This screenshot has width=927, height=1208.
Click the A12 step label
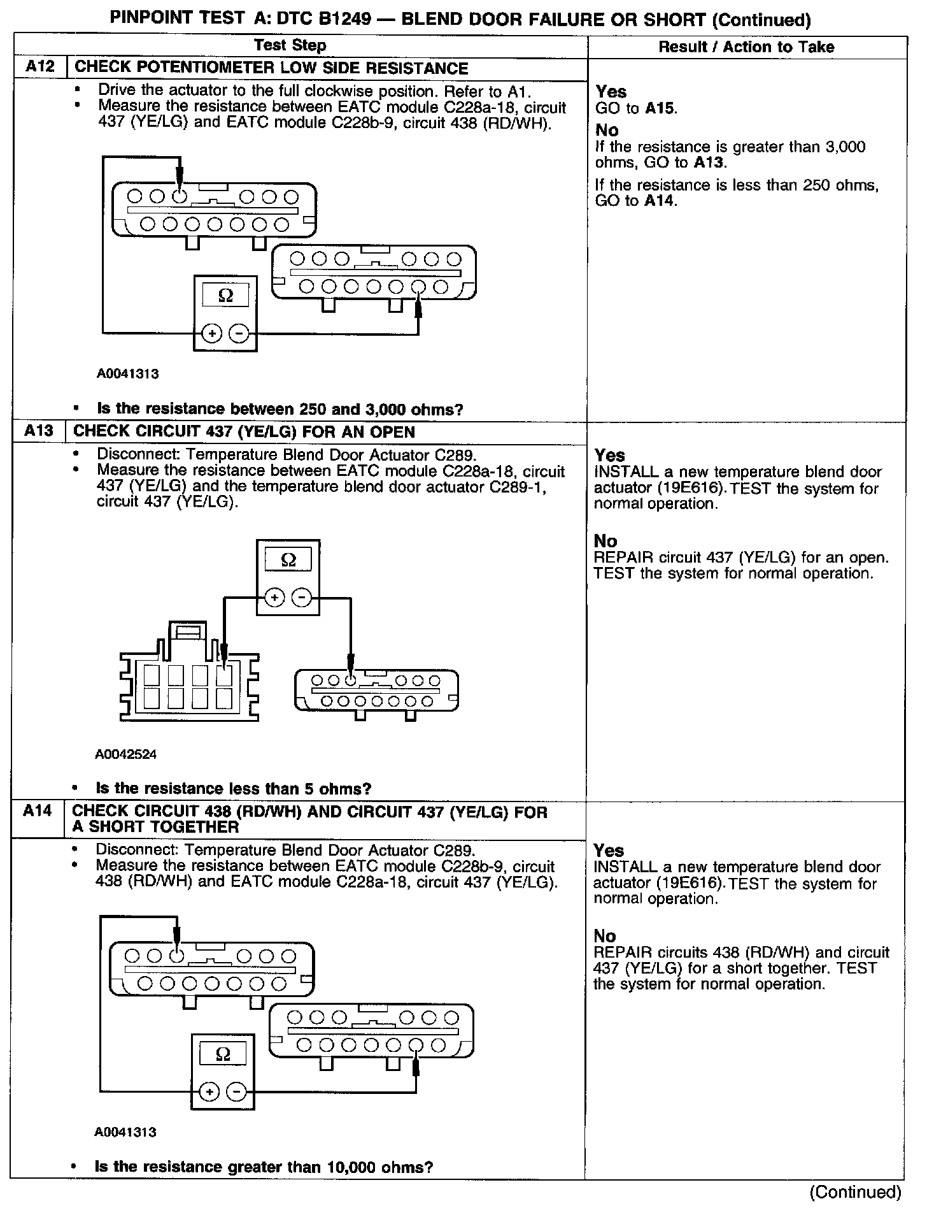point(40,68)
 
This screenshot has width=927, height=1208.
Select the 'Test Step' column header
point(290,45)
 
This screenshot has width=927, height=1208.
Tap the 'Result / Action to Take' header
point(746,47)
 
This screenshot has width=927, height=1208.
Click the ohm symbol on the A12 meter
point(225,296)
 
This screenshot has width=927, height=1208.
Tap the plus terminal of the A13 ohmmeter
point(274,598)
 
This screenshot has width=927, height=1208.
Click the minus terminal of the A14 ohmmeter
point(236,1091)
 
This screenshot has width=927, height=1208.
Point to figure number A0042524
point(126,754)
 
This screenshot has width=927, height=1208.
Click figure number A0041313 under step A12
point(128,374)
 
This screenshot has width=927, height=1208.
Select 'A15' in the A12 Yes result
point(659,108)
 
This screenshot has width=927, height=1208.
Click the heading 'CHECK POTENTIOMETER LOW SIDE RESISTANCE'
point(271,68)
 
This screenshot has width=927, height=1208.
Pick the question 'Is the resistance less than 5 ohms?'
point(233,788)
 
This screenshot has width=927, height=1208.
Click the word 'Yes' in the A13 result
point(610,455)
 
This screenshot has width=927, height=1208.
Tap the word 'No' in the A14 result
point(605,936)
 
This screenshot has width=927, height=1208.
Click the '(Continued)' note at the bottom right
point(855,1191)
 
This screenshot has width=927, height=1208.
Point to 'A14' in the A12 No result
point(660,201)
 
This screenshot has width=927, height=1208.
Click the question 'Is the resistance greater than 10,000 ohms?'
point(264,1167)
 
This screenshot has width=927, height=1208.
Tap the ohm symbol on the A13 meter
point(288,560)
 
